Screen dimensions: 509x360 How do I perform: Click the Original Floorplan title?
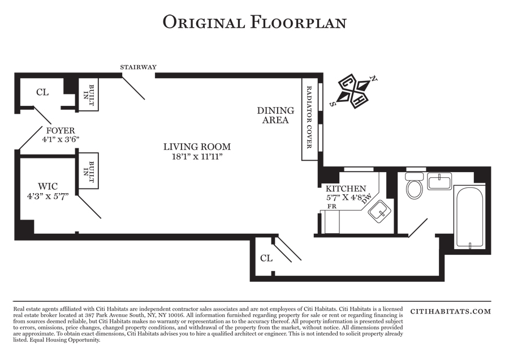click(x=255, y=23)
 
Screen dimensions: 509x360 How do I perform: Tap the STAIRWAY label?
click(x=139, y=67)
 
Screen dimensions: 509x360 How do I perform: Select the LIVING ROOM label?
click(x=197, y=147)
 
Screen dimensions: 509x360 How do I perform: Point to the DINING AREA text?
click(x=275, y=115)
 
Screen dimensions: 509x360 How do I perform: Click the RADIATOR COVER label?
click(x=309, y=117)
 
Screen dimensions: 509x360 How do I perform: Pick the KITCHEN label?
click(x=346, y=188)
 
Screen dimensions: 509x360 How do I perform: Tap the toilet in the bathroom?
click(x=414, y=186)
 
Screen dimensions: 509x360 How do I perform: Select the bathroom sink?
click(x=439, y=181)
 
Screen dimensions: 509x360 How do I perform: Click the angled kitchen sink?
click(x=379, y=212)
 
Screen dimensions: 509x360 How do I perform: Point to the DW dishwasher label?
click(x=366, y=198)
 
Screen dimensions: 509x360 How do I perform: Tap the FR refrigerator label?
click(x=332, y=206)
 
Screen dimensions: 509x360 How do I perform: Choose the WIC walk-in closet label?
click(x=48, y=186)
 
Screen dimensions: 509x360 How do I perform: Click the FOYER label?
click(x=61, y=131)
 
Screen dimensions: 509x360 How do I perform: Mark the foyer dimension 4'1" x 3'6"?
click(x=61, y=139)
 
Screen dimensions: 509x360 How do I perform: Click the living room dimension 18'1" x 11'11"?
click(x=197, y=157)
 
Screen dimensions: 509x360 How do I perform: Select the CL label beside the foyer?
click(x=42, y=93)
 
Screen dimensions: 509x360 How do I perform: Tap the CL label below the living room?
click(x=266, y=258)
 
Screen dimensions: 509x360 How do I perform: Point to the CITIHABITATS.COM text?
click(x=451, y=311)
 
